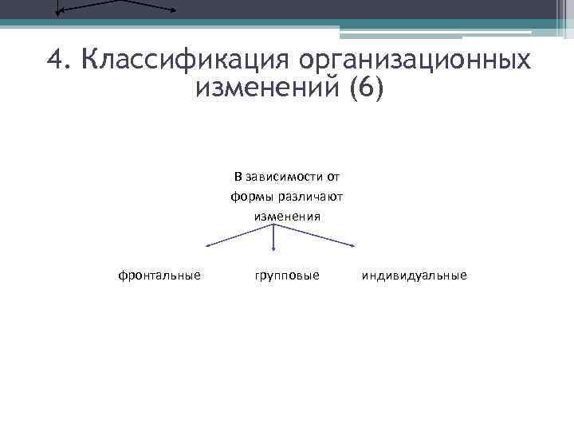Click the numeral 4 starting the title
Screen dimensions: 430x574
click(55, 60)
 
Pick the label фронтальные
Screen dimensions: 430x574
click(159, 275)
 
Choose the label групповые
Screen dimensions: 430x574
click(287, 275)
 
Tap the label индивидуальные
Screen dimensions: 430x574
click(415, 275)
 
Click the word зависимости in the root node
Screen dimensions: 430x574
click(281, 176)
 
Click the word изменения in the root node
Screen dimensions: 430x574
click(287, 216)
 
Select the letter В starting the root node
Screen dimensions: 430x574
click(238, 176)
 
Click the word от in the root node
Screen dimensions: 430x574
click(332, 176)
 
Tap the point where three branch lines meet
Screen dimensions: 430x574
click(274, 225)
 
